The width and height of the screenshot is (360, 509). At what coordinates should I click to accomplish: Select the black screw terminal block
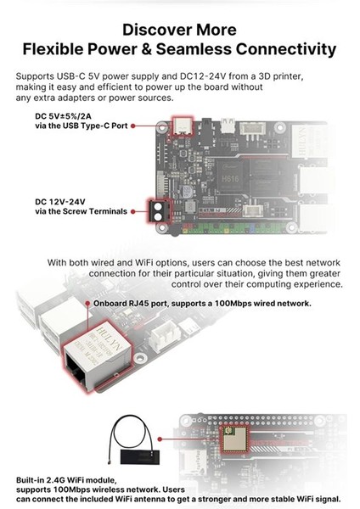coord(157,209)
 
